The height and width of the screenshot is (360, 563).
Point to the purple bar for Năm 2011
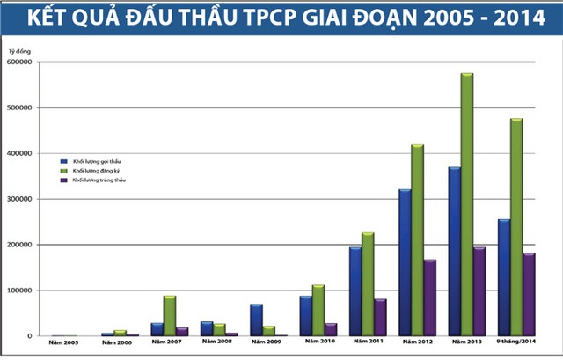tap(381, 317)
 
